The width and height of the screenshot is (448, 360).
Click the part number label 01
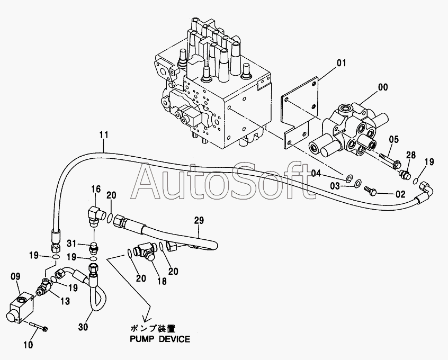point(341,63)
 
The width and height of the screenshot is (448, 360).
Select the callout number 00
point(383,87)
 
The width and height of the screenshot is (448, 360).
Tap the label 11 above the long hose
point(104,134)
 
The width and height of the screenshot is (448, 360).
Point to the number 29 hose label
point(199,220)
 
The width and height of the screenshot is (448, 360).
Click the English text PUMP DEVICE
point(160,339)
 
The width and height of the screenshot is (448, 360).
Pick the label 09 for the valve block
point(16,276)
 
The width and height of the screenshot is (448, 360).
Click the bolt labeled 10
point(38,326)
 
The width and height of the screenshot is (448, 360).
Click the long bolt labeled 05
point(390,160)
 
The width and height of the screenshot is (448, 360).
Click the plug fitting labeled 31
point(94,248)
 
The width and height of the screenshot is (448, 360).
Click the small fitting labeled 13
point(44,287)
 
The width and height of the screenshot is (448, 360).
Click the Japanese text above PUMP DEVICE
point(153,328)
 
